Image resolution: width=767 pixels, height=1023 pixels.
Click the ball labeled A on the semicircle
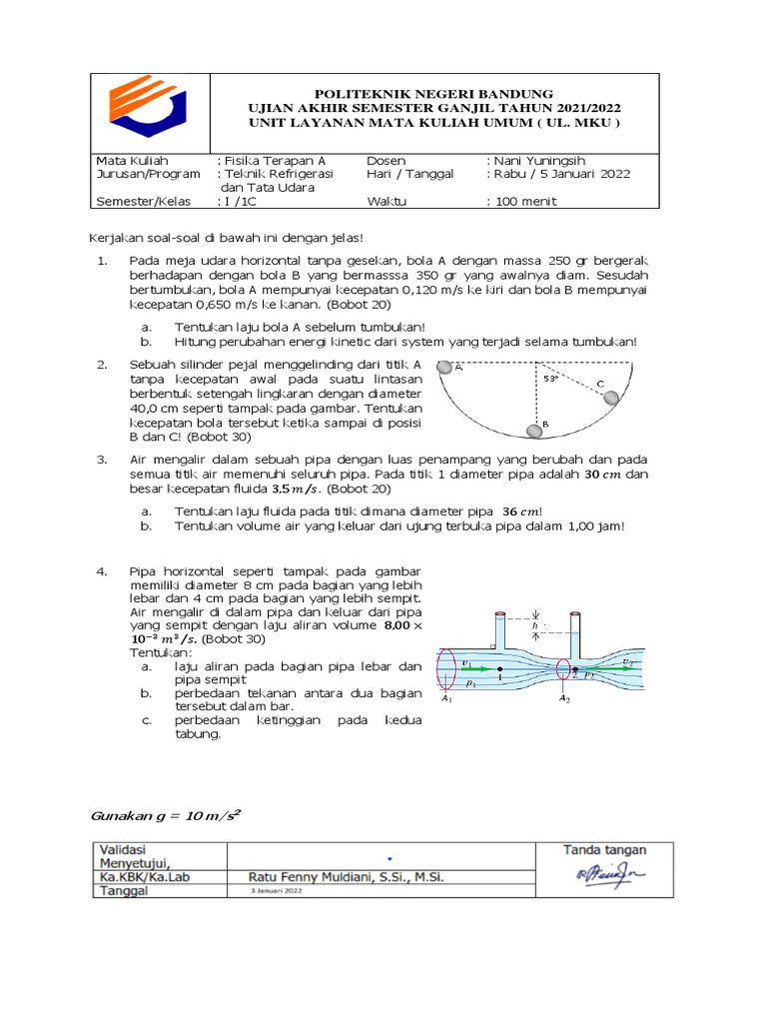tap(446, 366)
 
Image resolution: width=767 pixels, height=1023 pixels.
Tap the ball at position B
tap(536, 430)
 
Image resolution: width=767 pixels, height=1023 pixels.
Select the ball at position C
tap(612, 398)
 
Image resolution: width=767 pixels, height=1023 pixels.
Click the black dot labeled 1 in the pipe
tap(499, 668)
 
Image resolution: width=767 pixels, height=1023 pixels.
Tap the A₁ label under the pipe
tap(446, 699)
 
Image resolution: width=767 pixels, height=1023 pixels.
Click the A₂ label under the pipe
tap(564, 699)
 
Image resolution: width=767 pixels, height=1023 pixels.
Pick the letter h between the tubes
tap(536, 626)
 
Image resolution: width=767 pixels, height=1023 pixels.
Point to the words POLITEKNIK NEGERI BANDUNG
tap(433, 93)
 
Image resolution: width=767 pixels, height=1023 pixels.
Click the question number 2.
tap(101, 365)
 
